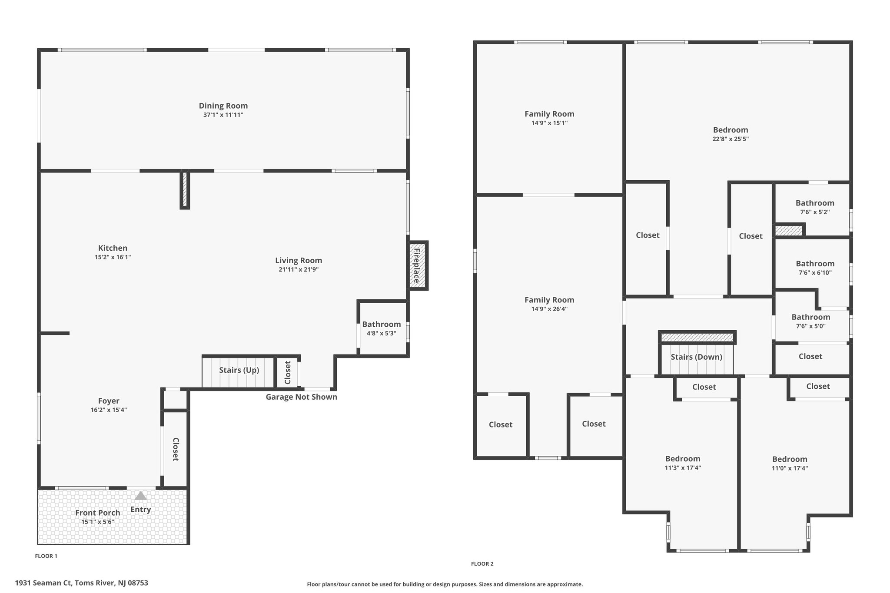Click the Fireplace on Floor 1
(x=418, y=265)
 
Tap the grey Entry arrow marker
(x=140, y=496)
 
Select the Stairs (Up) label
(x=239, y=370)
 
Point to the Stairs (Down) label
(x=696, y=357)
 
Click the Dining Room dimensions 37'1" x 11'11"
(x=223, y=115)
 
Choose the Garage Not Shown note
(x=302, y=397)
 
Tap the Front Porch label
(x=98, y=513)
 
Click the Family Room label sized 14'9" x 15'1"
(x=549, y=114)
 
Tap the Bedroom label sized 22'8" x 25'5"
(x=731, y=130)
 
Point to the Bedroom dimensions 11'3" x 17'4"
(x=683, y=468)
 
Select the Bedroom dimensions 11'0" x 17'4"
(x=790, y=468)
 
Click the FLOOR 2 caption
(x=482, y=564)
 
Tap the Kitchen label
(x=113, y=248)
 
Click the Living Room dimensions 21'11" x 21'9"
(x=299, y=270)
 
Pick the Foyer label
(x=109, y=401)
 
